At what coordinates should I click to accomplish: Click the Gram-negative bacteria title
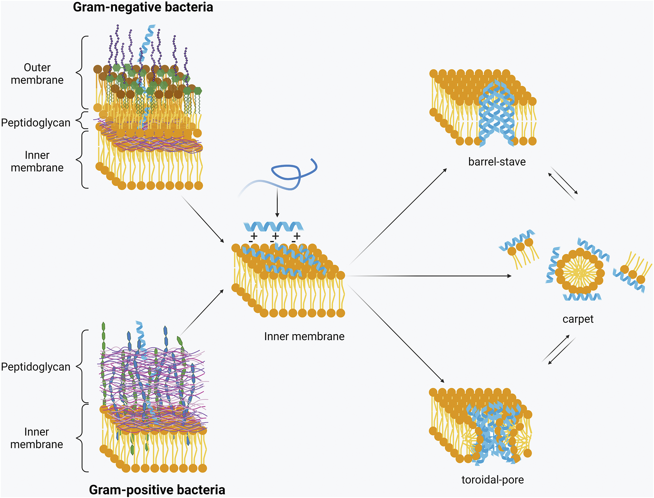[x=143, y=7]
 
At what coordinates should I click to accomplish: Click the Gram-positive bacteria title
[x=157, y=490]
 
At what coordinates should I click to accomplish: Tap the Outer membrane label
[x=37, y=74]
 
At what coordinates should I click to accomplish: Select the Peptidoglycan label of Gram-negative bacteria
[x=36, y=123]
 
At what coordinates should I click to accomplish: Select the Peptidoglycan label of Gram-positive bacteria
[x=36, y=367]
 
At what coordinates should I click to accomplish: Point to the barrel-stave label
[x=497, y=162]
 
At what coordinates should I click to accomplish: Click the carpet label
[x=578, y=319]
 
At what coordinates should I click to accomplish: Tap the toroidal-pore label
[x=492, y=480]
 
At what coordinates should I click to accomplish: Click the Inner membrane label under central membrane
[x=304, y=336]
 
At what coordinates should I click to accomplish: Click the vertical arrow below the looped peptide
[x=277, y=202]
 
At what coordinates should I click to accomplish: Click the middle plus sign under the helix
[x=275, y=236]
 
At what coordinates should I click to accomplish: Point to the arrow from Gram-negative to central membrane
[x=202, y=219]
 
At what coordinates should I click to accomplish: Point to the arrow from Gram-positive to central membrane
[x=202, y=312]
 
